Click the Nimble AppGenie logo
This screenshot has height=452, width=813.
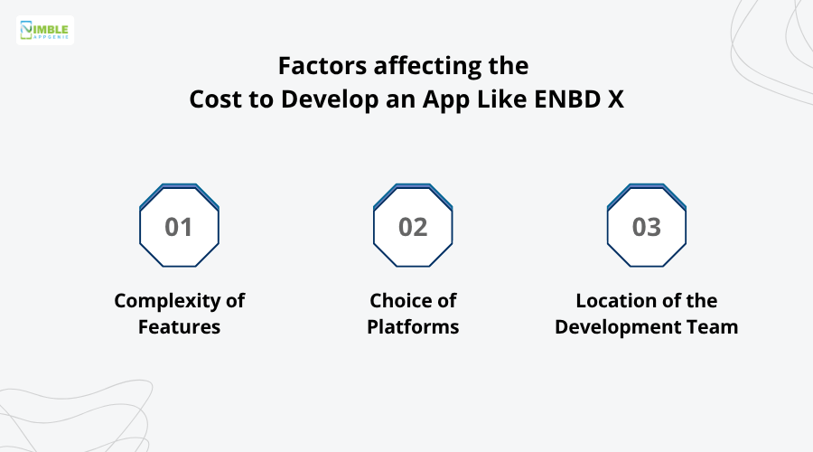[x=45, y=30]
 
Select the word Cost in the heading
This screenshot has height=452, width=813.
[x=213, y=99]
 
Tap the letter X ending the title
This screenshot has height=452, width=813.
[x=615, y=99]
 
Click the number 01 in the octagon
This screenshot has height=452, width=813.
[x=179, y=227]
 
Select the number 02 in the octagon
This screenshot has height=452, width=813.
[x=413, y=227]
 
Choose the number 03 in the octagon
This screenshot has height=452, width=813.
[x=647, y=227]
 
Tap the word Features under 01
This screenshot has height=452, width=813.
[x=179, y=327]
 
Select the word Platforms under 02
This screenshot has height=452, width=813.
[x=413, y=327]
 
